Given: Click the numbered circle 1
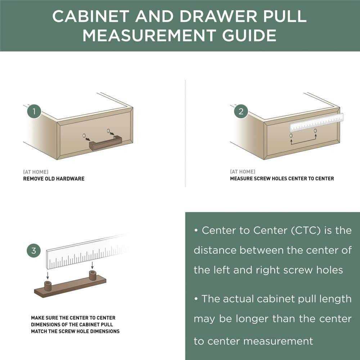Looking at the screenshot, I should coord(34,111).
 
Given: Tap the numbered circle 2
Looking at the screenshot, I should coord(241,111).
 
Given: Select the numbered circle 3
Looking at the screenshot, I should coord(34,251).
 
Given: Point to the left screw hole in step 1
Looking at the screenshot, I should coord(84,136).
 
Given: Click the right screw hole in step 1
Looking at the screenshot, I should coord(108,131).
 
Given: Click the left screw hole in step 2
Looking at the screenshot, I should coord(291,136).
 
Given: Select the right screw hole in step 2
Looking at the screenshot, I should coord(315,131).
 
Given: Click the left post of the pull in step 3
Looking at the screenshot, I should coord(48,287).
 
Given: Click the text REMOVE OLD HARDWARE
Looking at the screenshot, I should coord(54,179).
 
